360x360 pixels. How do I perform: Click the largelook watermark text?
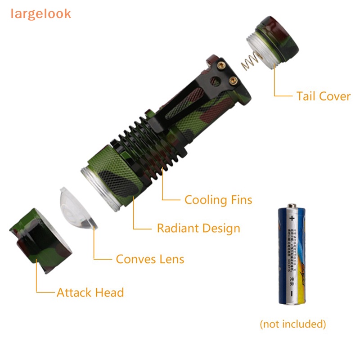point(41,13)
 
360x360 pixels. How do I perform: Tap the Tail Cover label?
point(323,96)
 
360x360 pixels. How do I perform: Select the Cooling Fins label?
point(218,200)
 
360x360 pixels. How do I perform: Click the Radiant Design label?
point(198,228)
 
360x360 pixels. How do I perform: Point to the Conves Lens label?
point(150,259)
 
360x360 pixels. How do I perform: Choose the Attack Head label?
point(90,292)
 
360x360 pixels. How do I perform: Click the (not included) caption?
point(292,324)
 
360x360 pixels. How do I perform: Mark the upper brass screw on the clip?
point(221,66)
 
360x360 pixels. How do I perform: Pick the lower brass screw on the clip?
point(233,80)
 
